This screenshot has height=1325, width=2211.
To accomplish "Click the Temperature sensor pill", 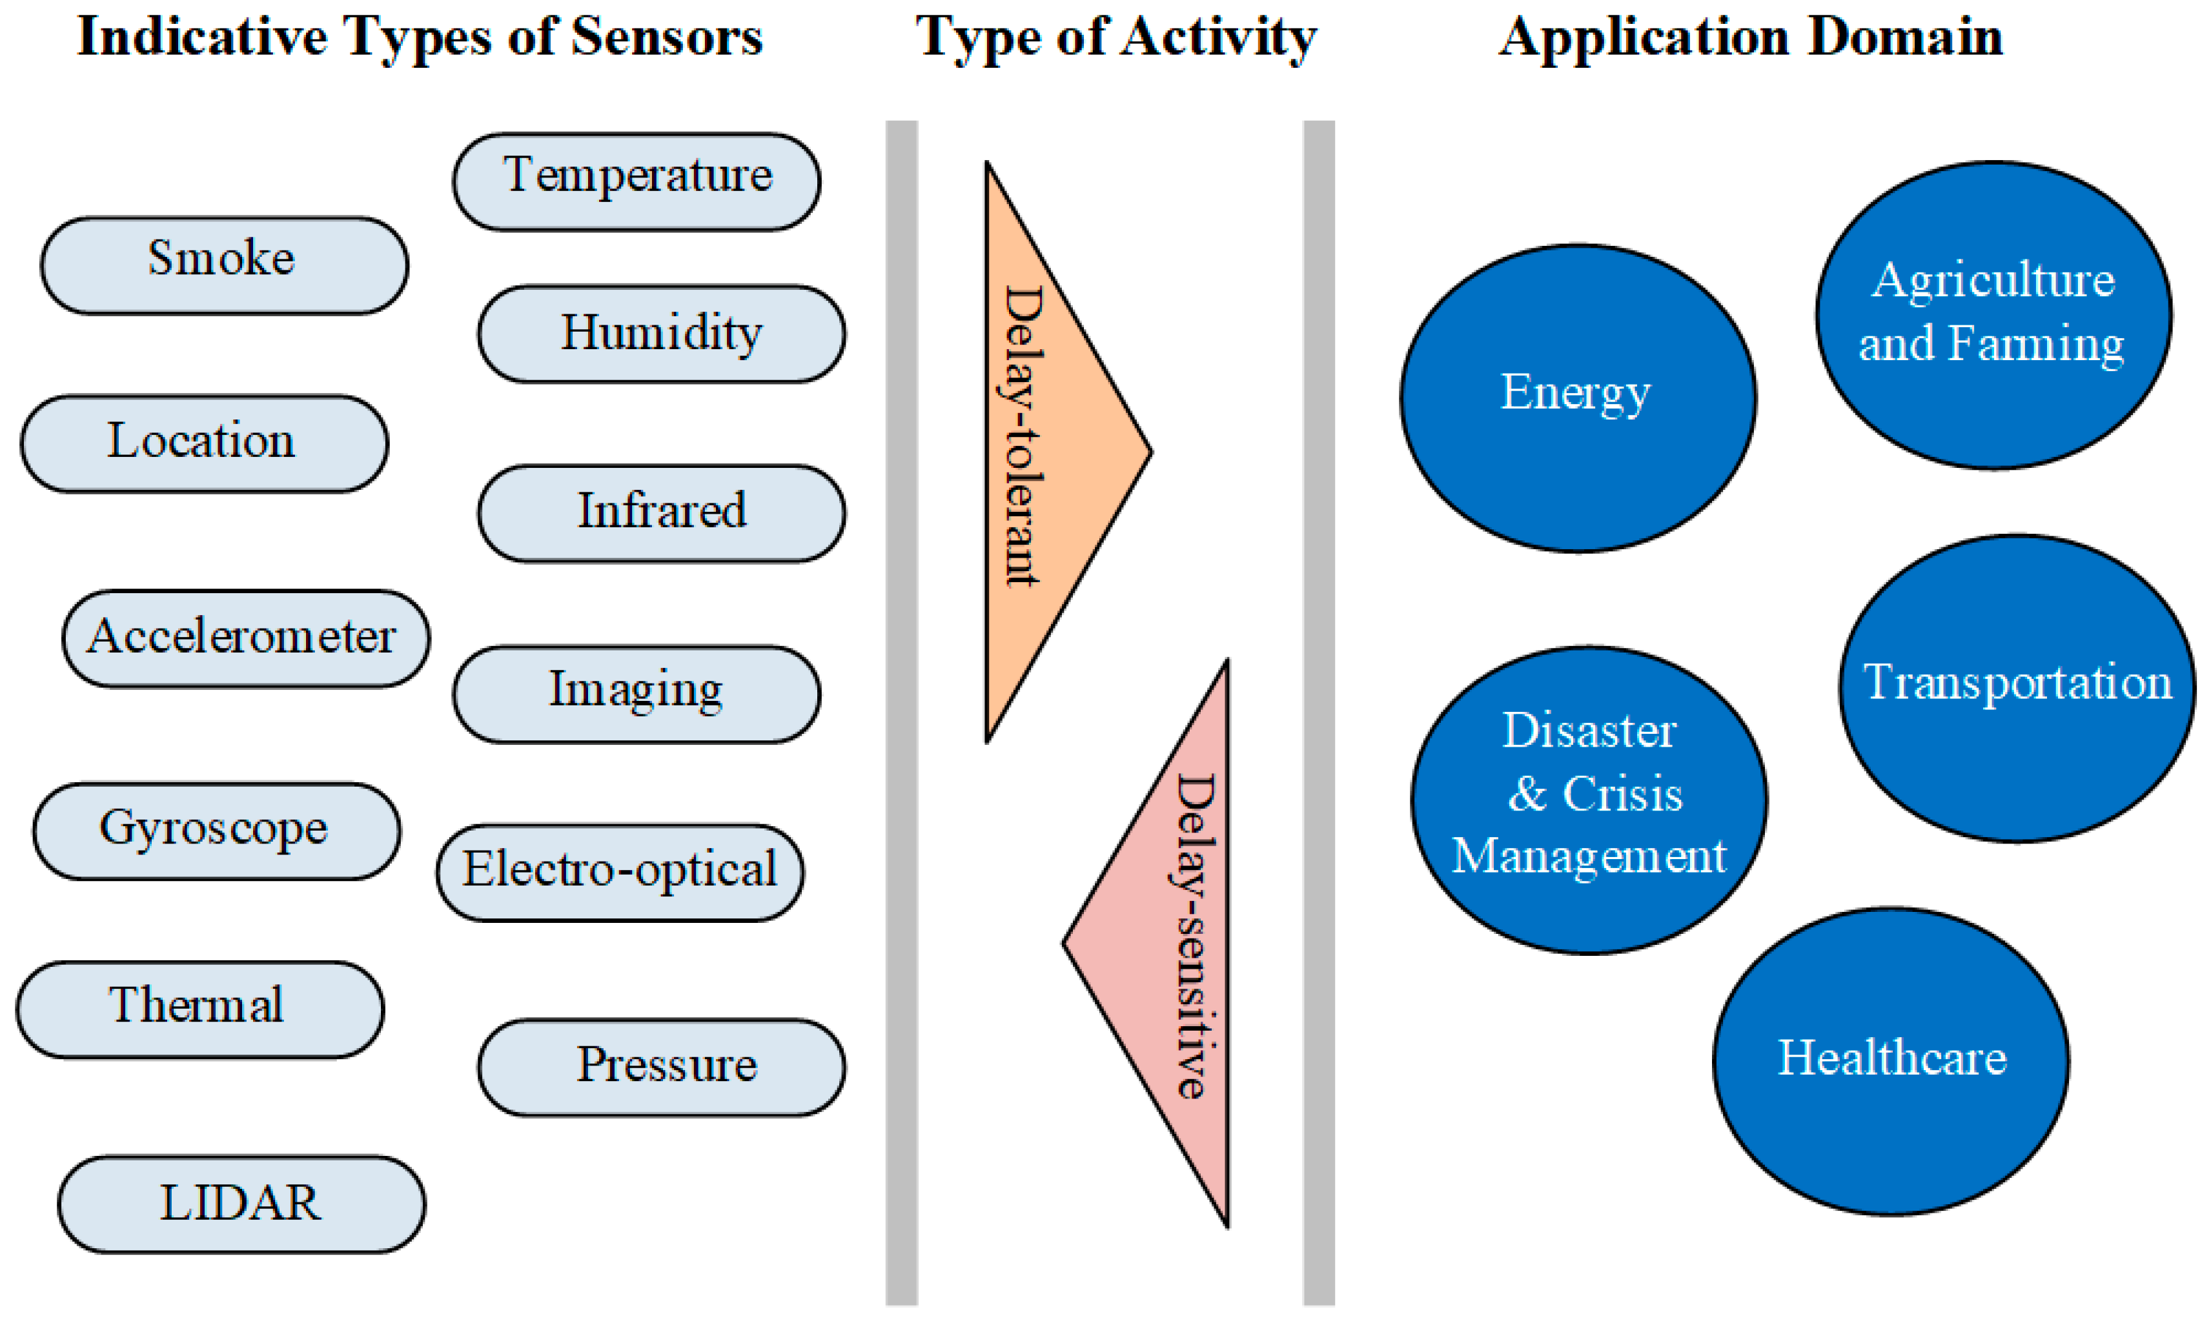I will (x=636, y=181).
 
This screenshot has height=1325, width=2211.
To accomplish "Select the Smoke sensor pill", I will (x=224, y=265).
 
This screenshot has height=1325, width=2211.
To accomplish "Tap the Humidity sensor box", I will (x=661, y=334).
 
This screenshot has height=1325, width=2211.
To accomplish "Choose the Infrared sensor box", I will (x=661, y=512).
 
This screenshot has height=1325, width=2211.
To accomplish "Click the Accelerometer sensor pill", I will (x=245, y=638).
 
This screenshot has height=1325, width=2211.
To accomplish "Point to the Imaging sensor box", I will (x=636, y=694).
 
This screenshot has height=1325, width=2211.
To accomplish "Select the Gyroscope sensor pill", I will (x=216, y=831).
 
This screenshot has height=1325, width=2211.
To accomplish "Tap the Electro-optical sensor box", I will (x=620, y=873).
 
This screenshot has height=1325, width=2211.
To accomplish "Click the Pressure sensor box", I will (x=661, y=1067).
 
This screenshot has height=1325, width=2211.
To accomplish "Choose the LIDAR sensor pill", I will (x=241, y=1204).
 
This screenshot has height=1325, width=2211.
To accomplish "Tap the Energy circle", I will (x=1577, y=398).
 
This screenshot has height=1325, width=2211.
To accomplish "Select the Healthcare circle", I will (x=1890, y=1061).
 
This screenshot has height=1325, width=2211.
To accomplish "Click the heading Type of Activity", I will (x=1116, y=37).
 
